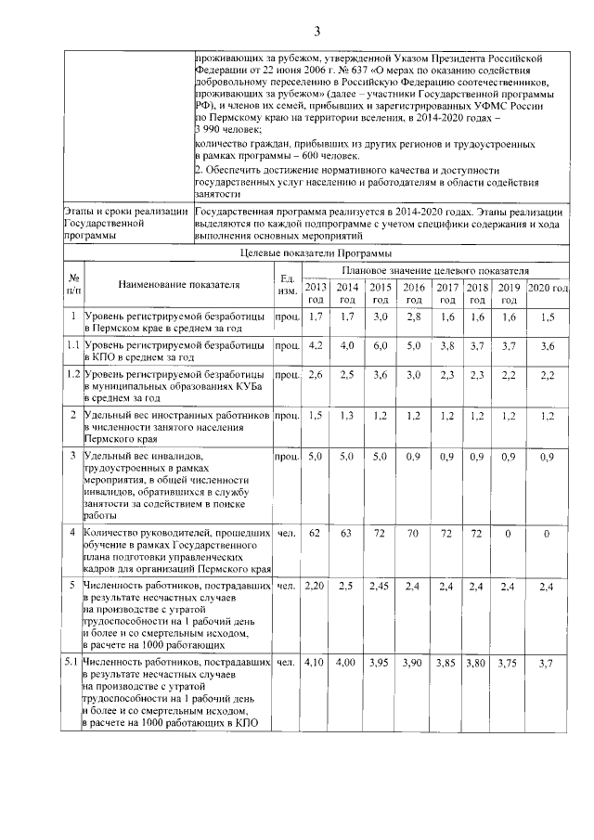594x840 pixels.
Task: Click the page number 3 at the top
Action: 316,32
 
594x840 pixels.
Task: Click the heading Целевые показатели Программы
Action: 316,252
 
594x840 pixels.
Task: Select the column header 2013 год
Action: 316,293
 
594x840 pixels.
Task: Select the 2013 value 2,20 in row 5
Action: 316,588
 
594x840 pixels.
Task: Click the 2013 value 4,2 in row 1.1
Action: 316,345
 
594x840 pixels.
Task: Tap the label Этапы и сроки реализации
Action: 123,212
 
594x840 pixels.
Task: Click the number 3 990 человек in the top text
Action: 228,131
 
